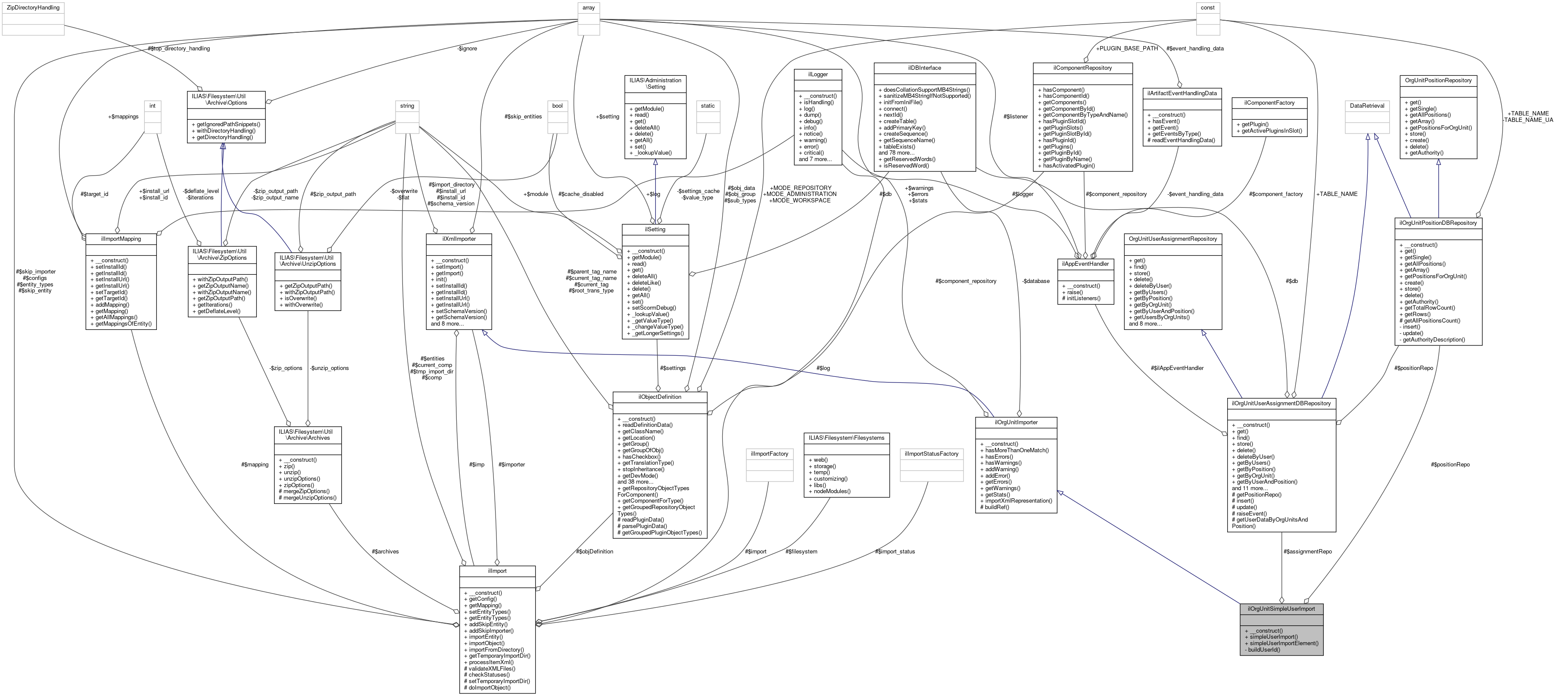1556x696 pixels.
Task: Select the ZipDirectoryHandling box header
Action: click(33, 8)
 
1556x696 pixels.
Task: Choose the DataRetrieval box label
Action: click(1368, 106)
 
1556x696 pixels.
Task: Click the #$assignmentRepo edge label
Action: click(1307, 552)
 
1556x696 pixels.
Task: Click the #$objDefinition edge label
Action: click(594, 551)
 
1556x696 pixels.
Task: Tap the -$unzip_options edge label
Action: click(329, 368)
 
